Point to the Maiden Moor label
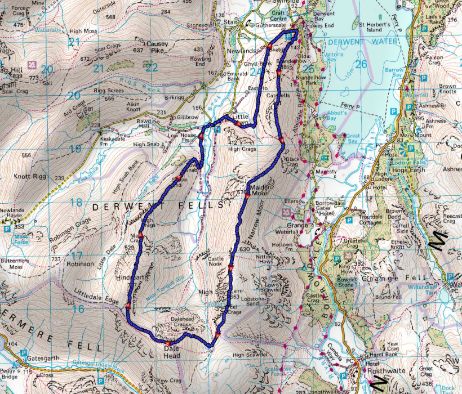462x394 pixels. click(x=260, y=190)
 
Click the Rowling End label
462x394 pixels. click(x=201, y=61)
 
